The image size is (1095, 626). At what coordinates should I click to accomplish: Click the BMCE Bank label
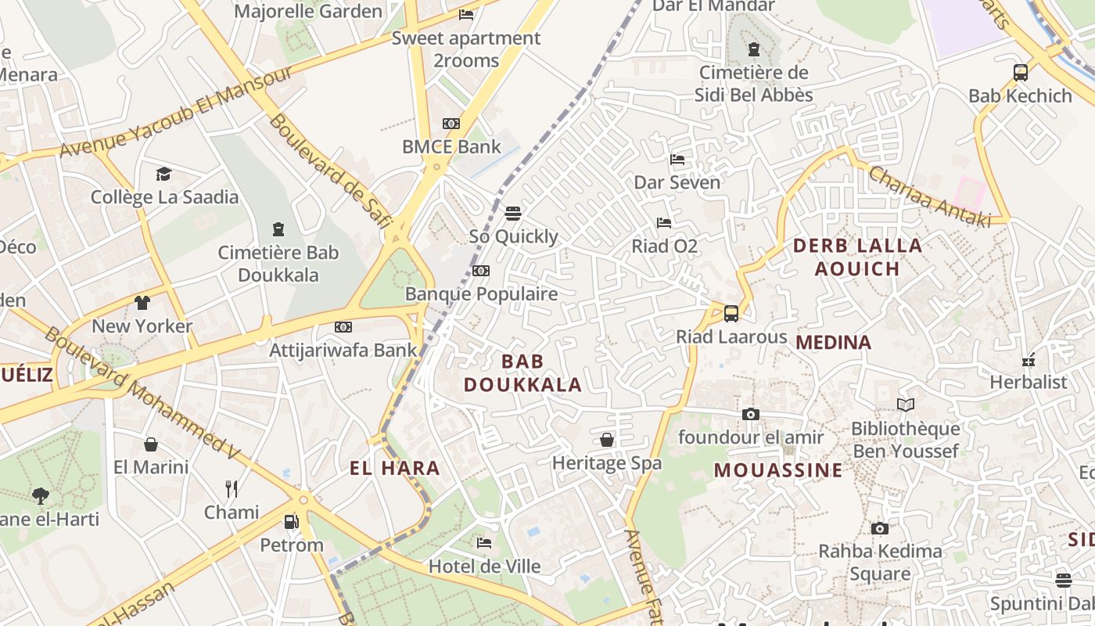coord(451,146)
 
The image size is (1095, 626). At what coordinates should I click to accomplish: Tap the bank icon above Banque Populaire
coord(481,271)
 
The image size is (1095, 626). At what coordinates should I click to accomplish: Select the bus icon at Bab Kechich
coord(1020,73)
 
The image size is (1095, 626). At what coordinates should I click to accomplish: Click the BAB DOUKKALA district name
coord(522,373)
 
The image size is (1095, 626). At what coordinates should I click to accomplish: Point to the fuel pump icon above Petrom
coord(291,521)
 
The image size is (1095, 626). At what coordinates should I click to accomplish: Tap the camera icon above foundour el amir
coord(751,414)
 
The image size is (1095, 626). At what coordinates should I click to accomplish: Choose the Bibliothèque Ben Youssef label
coord(905,440)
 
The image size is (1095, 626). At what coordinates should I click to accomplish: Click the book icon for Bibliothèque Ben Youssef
coord(906,405)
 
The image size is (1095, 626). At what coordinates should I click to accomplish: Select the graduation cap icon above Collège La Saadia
coord(163,174)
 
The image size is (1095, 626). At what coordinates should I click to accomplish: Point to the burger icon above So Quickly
coord(513,214)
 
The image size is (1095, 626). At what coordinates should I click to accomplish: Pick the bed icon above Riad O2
coord(664,223)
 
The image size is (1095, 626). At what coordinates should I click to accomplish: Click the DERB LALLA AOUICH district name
coord(857,257)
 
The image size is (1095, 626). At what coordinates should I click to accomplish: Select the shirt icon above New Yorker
coord(142,303)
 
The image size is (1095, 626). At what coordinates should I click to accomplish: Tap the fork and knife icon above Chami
coord(232,489)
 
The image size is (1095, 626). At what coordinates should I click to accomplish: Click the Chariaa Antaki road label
coord(928,196)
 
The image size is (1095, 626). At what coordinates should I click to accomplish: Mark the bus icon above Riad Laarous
coord(731,314)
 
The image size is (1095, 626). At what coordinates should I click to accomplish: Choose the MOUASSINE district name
coord(778,470)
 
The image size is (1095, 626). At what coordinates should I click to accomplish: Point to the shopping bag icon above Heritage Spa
coord(607,440)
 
